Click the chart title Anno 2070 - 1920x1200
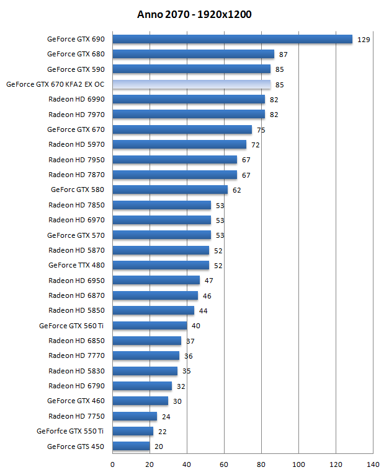[x=194, y=14]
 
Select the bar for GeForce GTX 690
[x=233, y=39]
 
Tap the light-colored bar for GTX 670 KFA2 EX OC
[x=192, y=84]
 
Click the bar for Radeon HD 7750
[x=135, y=416]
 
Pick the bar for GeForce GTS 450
[x=131, y=446]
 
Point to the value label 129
[x=364, y=39]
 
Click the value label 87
[x=284, y=54]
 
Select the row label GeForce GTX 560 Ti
[x=71, y=326]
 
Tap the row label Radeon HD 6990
[x=76, y=99]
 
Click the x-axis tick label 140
[x=373, y=464]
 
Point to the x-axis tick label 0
[x=113, y=464]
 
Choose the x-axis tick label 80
[x=261, y=464]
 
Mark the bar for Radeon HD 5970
[x=179, y=144]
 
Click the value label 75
[x=261, y=129]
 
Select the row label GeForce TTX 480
[x=76, y=265]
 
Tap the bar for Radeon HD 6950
[x=156, y=281]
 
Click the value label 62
[x=237, y=190]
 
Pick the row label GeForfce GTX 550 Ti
[x=70, y=431]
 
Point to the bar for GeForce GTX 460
[x=140, y=401]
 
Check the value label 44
[x=203, y=311]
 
